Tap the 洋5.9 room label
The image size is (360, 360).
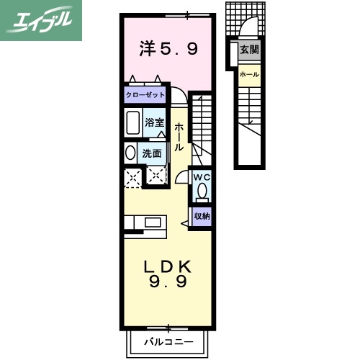[168, 50]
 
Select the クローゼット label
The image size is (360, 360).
[145, 95]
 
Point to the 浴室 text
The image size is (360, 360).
[154, 122]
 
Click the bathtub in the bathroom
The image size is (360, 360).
[132, 123]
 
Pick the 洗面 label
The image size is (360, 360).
[151, 153]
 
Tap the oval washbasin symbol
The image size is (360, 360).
[130, 153]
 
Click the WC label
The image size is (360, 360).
[201, 176]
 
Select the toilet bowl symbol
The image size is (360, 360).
[202, 191]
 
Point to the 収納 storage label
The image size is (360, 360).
[202, 215]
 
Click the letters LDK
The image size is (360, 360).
[168, 266]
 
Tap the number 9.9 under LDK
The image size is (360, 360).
[168, 282]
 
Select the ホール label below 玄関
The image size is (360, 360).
[249, 74]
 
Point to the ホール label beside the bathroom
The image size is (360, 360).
[179, 137]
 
